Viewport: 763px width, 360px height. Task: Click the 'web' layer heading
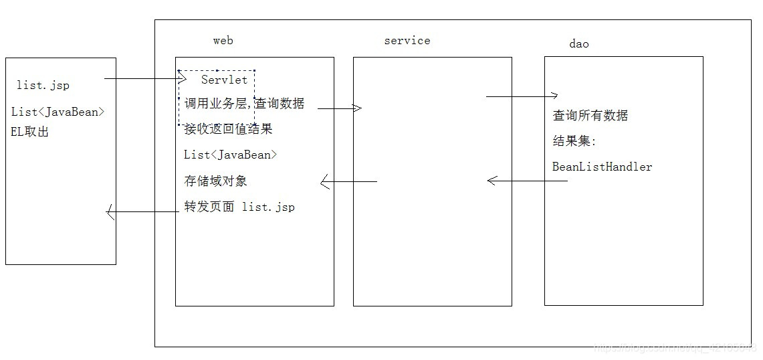(223, 41)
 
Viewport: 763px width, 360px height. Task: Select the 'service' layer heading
(407, 41)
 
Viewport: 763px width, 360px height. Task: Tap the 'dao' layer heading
(579, 44)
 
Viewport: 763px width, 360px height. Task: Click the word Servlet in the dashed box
(224, 80)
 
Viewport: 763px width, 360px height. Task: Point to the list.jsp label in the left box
(42, 86)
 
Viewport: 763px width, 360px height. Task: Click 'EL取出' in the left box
(30, 132)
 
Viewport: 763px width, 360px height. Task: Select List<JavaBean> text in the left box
(58, 112)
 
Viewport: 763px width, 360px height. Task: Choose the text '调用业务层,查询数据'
(244, 104)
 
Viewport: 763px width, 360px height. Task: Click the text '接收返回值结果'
(228, 128)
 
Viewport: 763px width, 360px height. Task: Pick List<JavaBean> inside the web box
(230, 155)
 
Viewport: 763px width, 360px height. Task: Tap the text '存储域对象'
(216, 181)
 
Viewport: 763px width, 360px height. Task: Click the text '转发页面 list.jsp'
(239, 207)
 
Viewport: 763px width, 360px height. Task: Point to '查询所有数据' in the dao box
(590, 115)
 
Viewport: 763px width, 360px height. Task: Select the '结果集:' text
(574, 141)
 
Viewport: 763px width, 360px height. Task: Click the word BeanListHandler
(602, 167)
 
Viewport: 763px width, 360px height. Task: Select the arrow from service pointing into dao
(522, 96)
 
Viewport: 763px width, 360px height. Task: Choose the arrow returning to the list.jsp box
(140, 213)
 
